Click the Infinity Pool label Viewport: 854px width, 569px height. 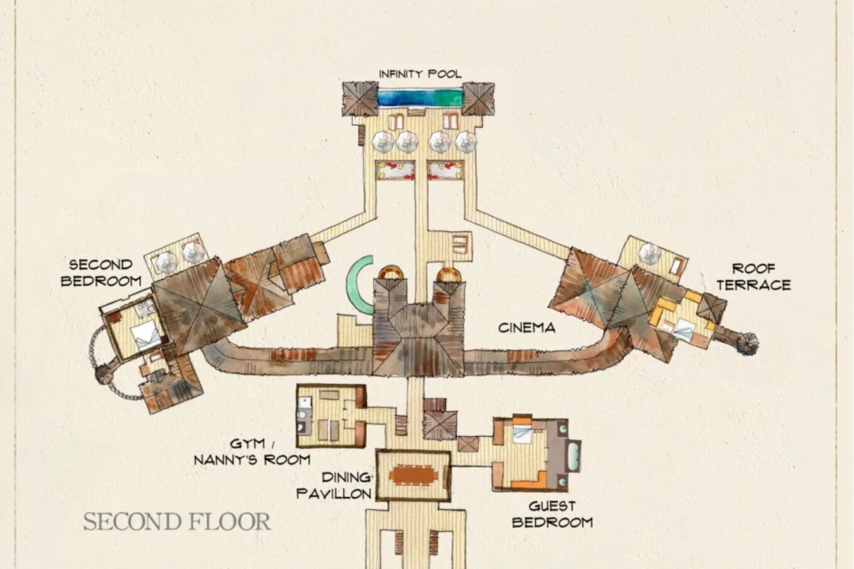coord(420,73)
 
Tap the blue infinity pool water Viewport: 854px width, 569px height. coord(420,97)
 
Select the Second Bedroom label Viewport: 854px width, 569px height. coord(101,273)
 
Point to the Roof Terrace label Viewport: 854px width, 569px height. coord(754,277)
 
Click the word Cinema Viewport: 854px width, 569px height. coord(527,328)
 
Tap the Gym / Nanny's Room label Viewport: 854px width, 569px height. coord(252,452)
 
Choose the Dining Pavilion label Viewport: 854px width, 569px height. coord(334,485)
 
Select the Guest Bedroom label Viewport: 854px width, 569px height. coord(552,514)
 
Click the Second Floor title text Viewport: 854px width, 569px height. coord(177,522)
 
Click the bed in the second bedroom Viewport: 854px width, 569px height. coord(146,334)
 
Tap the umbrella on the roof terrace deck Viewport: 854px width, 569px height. coord(650,253)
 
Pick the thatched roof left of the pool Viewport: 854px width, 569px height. coord(360,99)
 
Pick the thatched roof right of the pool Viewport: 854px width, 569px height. coord(478,99)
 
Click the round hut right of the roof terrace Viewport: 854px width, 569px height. coord(747,344)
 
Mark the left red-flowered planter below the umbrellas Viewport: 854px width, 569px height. coord(396,171)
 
